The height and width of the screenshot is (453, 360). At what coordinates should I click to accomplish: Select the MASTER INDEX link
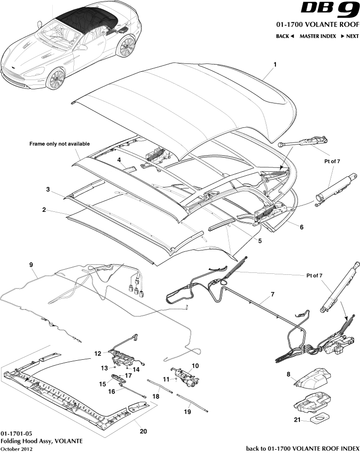pyautogui.click(x=318, y=36)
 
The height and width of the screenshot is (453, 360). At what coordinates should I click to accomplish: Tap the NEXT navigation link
pyautogui.click(x=350, y=36)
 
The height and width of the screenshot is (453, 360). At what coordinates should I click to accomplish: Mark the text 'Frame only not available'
pyautogui.click(x=60, y=144)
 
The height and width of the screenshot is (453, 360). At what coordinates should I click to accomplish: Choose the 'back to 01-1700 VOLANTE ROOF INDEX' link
pyautogui.click(x=302, y=448)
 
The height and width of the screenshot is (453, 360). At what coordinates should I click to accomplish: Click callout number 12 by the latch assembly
pyautogui.click(x=98, y=353)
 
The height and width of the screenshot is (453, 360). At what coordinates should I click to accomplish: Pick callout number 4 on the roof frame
pyautogui.click(x=119, y=160)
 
